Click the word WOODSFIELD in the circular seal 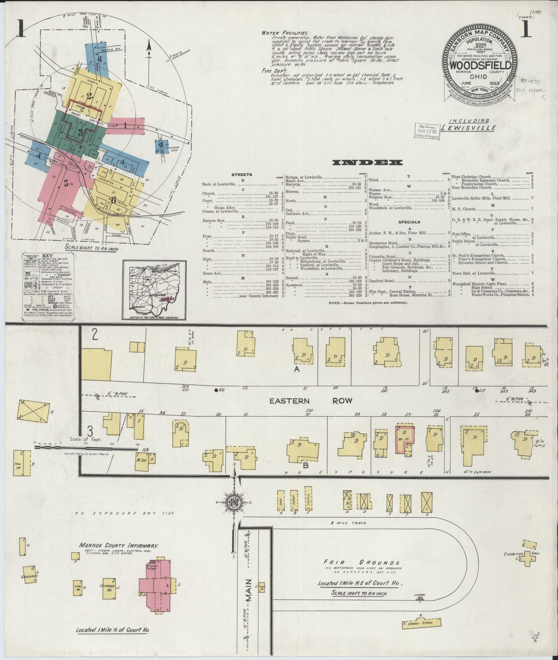(481, 65)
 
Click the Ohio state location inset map (154, 290)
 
